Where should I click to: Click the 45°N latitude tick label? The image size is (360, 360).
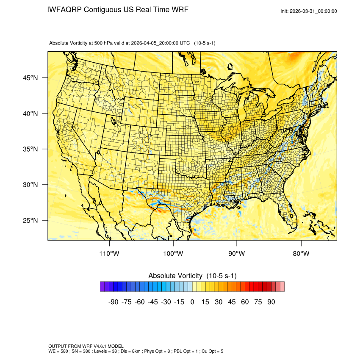(x=30, y=78)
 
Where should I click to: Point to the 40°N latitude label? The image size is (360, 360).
(x=30, y=114)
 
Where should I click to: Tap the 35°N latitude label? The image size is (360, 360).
(x=30, y=149)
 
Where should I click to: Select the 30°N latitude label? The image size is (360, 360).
(x=30, y=185)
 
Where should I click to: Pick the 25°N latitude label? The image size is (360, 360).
(x=30, y=220)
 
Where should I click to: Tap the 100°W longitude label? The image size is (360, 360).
(x=173, y=254)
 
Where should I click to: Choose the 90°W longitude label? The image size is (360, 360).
(x=237, y=254)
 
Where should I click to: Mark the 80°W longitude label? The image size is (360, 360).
(x=301, y=254)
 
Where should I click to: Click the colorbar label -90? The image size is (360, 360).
(x=113, y=302)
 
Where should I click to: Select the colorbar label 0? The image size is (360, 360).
(x=192, y=302)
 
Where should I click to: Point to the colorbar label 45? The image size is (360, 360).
(x=232, y=302)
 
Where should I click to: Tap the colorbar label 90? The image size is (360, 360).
(x=271, y=302)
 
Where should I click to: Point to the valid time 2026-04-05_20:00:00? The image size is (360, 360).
(x=155, y=43)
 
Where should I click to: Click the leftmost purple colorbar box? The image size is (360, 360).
(x=102, y=287)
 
